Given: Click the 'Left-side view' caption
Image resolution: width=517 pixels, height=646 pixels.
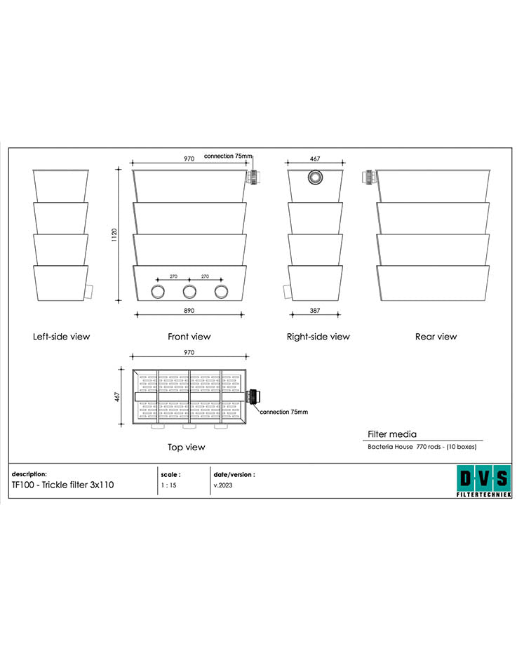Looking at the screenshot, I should pos(62,337).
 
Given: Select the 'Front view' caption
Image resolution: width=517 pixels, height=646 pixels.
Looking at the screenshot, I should pos(189,337).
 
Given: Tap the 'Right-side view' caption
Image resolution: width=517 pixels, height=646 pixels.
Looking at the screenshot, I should pos(318,337).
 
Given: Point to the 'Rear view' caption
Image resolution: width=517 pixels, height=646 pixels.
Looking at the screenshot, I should pos(436,337).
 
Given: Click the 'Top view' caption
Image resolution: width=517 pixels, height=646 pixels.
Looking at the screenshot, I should pos(186,447).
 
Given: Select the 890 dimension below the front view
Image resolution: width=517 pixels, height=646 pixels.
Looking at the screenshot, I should pos(189,309).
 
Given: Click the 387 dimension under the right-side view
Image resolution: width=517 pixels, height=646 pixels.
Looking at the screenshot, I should pos(315,309).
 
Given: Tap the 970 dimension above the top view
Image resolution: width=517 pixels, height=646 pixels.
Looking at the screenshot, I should pos(189,352).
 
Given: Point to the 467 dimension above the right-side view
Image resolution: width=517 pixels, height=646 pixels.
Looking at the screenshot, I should pos(315,159).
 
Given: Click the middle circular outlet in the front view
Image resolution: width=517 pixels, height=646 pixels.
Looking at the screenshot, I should pos(189,292).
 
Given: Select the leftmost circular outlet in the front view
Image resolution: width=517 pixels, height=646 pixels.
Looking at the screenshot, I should pos(158,292).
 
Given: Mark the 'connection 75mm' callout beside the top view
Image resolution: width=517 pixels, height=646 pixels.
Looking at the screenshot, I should pos(283,412).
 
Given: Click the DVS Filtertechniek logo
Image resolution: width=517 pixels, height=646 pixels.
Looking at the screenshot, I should pos(483,481).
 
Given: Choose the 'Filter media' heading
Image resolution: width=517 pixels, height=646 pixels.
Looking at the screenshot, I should pos(392,434).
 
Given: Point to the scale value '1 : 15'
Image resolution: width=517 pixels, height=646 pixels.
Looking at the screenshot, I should pos(168,485).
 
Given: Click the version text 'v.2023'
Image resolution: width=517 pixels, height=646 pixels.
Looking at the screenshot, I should pos(223,485).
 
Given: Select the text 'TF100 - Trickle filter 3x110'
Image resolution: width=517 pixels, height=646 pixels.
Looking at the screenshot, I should pos(62,485).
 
